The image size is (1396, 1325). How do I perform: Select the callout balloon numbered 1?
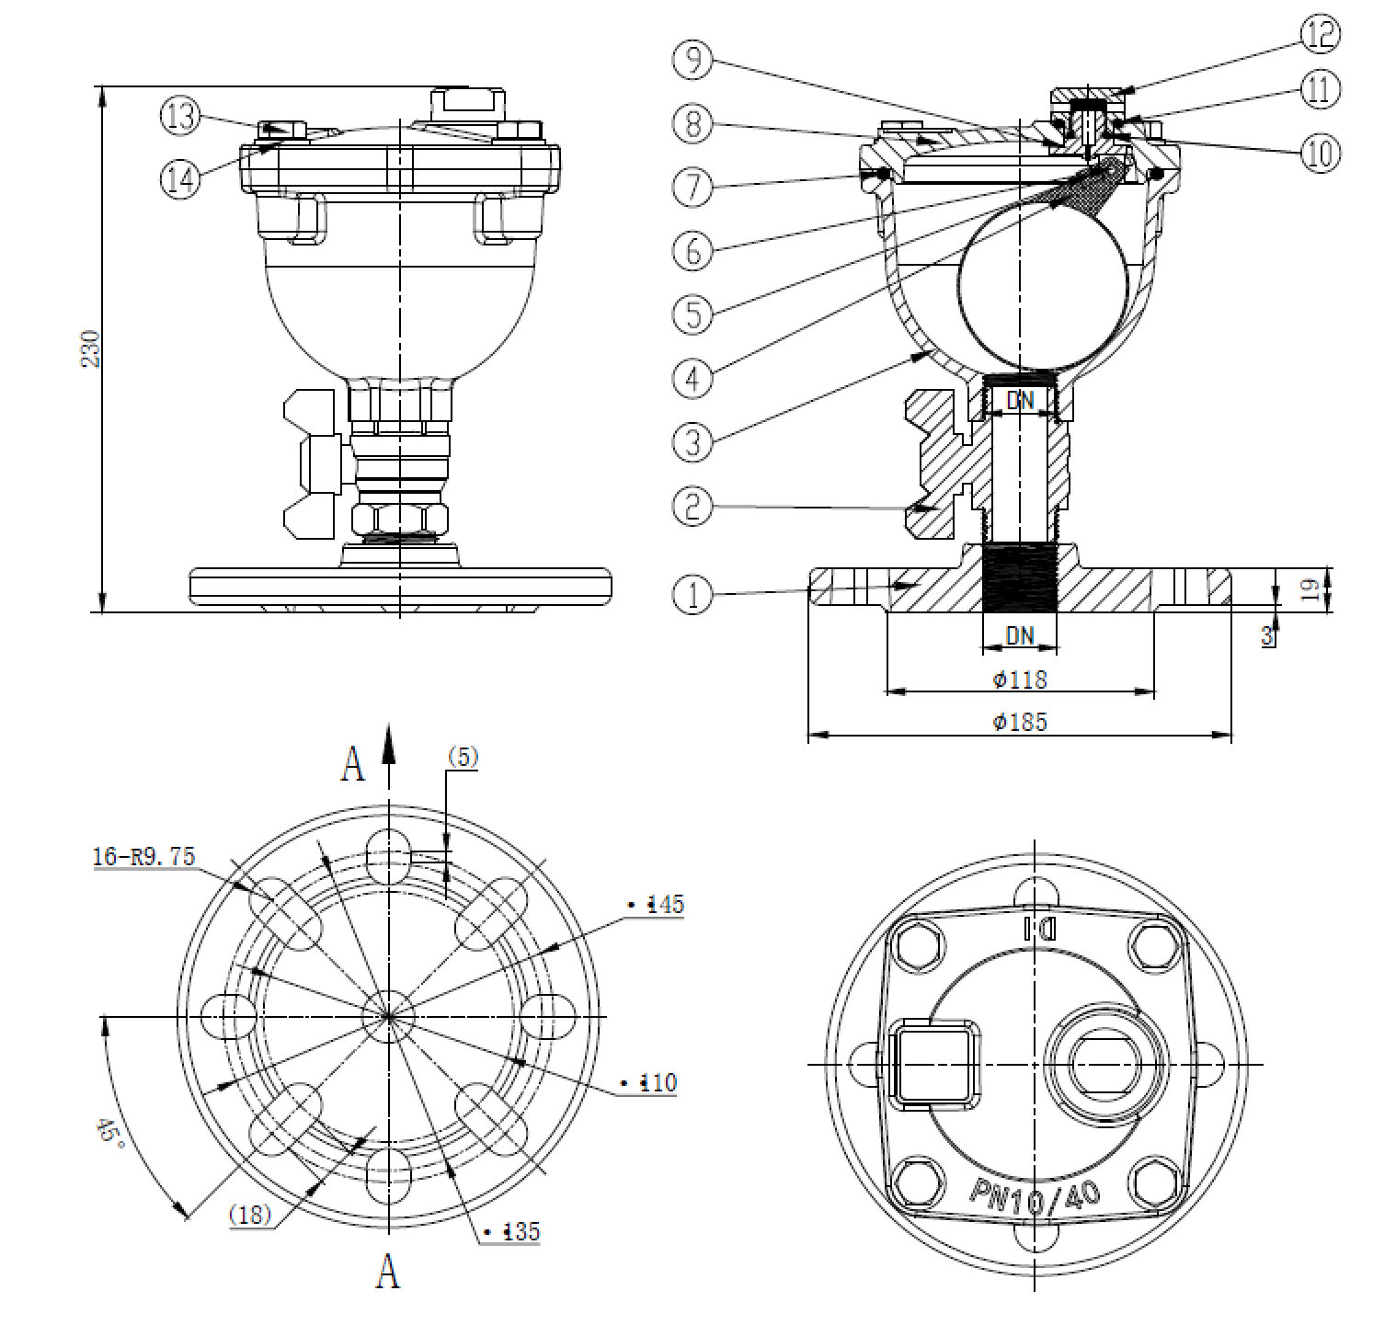pos(692,594)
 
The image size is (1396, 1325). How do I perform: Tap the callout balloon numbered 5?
pos(693,314)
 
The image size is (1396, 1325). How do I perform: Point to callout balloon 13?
pos(179,116)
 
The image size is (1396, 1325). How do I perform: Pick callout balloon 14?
pos(179,178)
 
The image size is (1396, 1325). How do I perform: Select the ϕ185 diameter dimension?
pos(1020,722)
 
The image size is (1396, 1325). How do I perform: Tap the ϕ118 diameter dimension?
pos(1020,680)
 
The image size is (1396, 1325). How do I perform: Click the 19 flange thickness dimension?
pos(1316,588)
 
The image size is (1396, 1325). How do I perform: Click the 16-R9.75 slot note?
pos(144,856)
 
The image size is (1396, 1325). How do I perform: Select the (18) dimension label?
pos(250,1215)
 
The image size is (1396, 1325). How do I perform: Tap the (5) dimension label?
pos(463,757)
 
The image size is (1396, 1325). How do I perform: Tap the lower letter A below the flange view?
pos(388,1273)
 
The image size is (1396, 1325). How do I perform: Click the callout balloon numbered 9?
pos(692,61)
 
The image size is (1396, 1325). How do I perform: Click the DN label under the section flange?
pos(1019,634)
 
